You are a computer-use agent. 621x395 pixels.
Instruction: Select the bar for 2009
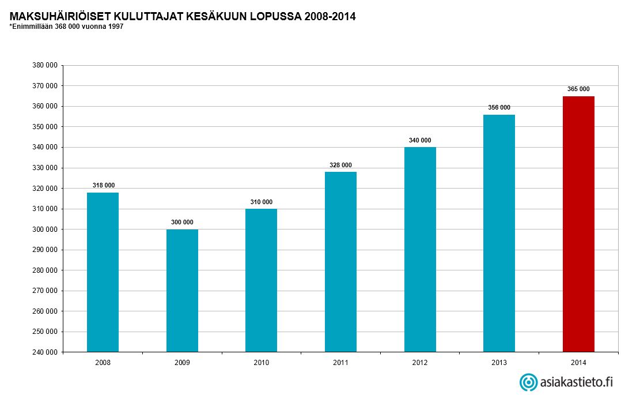pyautogui.click(x=182, y=291)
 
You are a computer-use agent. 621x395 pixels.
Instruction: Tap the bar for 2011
pyautogui.click(x=340, y=262)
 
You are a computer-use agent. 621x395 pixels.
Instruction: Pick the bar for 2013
pyautogui.click(x=499, y=233)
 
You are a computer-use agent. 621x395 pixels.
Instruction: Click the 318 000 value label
pyautogui.click(x=104, y=185)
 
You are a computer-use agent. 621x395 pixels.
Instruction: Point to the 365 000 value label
pyautogui.click(x=578, y=89)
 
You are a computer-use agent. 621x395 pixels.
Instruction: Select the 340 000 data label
pyautogui.click(x=420, y=140)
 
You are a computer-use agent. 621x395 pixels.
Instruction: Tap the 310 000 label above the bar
pyautogui.click(x=262, y=202)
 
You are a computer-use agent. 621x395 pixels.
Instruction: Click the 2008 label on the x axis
pyautogui.click(x=103, y=363)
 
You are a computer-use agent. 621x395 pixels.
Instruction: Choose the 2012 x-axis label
pyautogui.click(x=420, y=363)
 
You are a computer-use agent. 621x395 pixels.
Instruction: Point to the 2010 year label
pyautogui.click(x=262, y=363)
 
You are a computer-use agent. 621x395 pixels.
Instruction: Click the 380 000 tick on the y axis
pyautogui.click(x=46, y=65)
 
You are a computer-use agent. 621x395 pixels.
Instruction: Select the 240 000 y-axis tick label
pyautogui.click(x=46, y=352)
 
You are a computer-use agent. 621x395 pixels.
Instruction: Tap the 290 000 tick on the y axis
pyautogui.click(x=46, y=250)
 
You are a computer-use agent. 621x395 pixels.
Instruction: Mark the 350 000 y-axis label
pyautogui.click(x=46, y=127)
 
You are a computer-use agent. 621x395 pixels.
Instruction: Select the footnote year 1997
pyautogui.click(x=116, y=27)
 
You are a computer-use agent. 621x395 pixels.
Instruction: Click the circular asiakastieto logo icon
pyautogui.click(x=528, y=382)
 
